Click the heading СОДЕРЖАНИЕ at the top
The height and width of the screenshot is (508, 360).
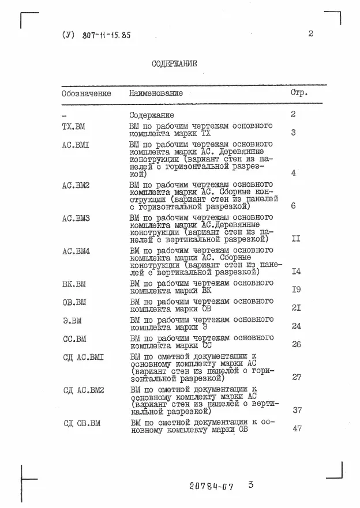(x=174, y=64)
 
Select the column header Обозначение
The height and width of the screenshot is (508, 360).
(x=87, y=93)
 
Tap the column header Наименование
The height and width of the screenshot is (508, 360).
(x=156, y=93)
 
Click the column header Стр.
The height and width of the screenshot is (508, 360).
(x=298, y=92)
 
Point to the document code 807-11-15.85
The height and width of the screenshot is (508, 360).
(x=96, y=35)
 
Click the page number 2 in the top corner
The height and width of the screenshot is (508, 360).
(x=310, y=33)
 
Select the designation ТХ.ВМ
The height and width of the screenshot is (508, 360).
(x=73, y=125)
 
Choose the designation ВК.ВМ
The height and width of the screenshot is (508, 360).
(x=74, y=284)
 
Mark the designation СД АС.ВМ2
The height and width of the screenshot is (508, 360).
(x=84, y=390)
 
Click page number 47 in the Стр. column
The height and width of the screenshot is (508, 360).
(x=297, y=428)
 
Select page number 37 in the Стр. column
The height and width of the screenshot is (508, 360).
(x=297, y=411)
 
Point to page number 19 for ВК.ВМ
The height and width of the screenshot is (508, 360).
(x=297, y=289)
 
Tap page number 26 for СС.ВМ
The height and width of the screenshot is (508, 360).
(x=297, y=345)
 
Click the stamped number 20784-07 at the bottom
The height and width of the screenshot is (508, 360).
(x=211, y=487)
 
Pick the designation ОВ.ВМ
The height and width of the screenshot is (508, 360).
(x=74, y=302)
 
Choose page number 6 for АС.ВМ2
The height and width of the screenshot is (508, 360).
(x=294, y=205)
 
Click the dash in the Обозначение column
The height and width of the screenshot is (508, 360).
(x=63, y=115)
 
